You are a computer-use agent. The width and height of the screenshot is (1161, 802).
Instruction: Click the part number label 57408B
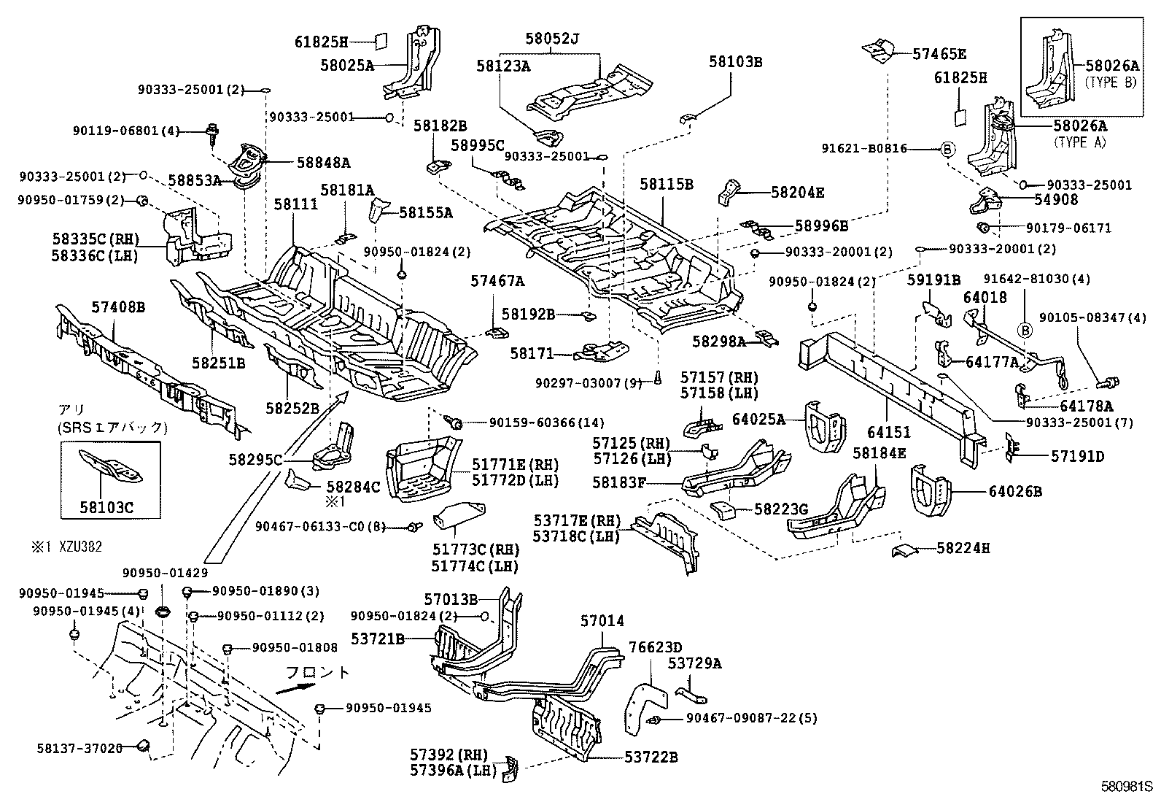118,308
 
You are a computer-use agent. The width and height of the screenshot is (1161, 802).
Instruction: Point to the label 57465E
940,53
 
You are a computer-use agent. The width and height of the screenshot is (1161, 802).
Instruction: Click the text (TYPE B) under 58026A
1111,82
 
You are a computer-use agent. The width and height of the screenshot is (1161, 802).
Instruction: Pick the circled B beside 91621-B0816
947,149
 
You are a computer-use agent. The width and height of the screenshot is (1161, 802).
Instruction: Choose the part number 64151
889,433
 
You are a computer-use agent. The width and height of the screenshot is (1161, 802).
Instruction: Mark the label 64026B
1015,491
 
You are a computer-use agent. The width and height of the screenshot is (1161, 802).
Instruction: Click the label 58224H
963,548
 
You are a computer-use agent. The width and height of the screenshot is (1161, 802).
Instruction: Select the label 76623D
656,647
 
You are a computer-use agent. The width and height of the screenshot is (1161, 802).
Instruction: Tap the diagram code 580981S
1126,787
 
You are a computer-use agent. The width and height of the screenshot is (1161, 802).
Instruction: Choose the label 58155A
426,213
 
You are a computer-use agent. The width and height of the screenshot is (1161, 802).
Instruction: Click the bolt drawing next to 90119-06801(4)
213,132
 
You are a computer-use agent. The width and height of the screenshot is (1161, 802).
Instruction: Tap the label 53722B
651,757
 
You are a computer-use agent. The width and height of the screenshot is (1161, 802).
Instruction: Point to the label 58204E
797,193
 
